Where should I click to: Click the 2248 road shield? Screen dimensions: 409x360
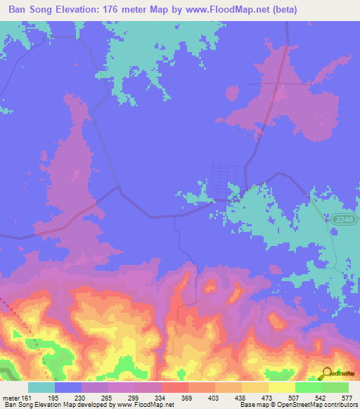[x=343, y=220]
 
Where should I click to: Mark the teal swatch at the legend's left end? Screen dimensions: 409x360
[x=41, y=388]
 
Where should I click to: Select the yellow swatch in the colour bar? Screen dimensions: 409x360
[x=281, y=388]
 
